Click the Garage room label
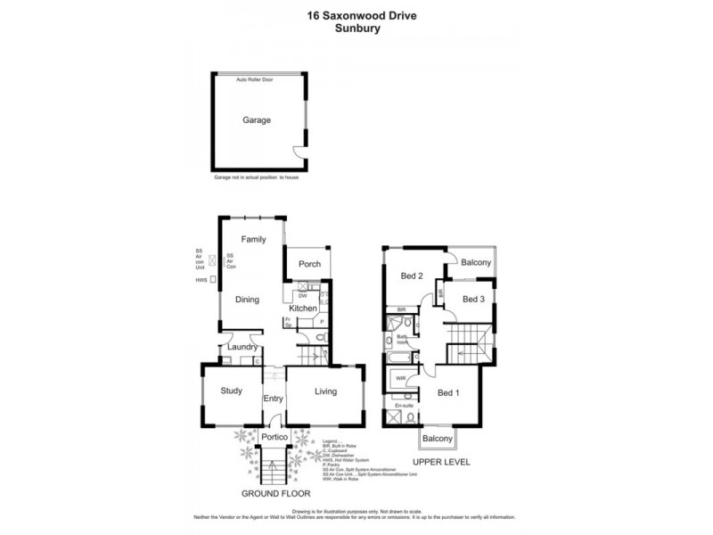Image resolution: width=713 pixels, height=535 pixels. [257, 120]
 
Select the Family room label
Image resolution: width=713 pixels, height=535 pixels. [253, 239]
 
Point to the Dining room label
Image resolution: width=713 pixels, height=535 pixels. [247, 300]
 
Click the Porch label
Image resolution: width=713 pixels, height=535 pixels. [309, 263]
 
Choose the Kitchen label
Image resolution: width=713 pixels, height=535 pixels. [302, 308]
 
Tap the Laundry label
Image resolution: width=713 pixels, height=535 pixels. [242, 347]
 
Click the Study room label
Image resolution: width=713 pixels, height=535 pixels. [232, 391]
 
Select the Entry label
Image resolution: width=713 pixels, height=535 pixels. [273, 398]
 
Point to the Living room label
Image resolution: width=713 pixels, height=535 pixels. [325, 391]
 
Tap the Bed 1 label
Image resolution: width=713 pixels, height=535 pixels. [449, 392]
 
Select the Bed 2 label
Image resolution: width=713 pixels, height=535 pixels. [411, 276]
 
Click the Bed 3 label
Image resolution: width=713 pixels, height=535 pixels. [473, 300]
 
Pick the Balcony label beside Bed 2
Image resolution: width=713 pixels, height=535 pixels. [476, 262]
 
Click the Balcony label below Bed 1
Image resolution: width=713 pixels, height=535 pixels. [438, 439]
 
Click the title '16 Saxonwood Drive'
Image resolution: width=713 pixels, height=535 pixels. [356, 14]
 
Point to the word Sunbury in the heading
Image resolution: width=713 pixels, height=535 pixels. [356, 28]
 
